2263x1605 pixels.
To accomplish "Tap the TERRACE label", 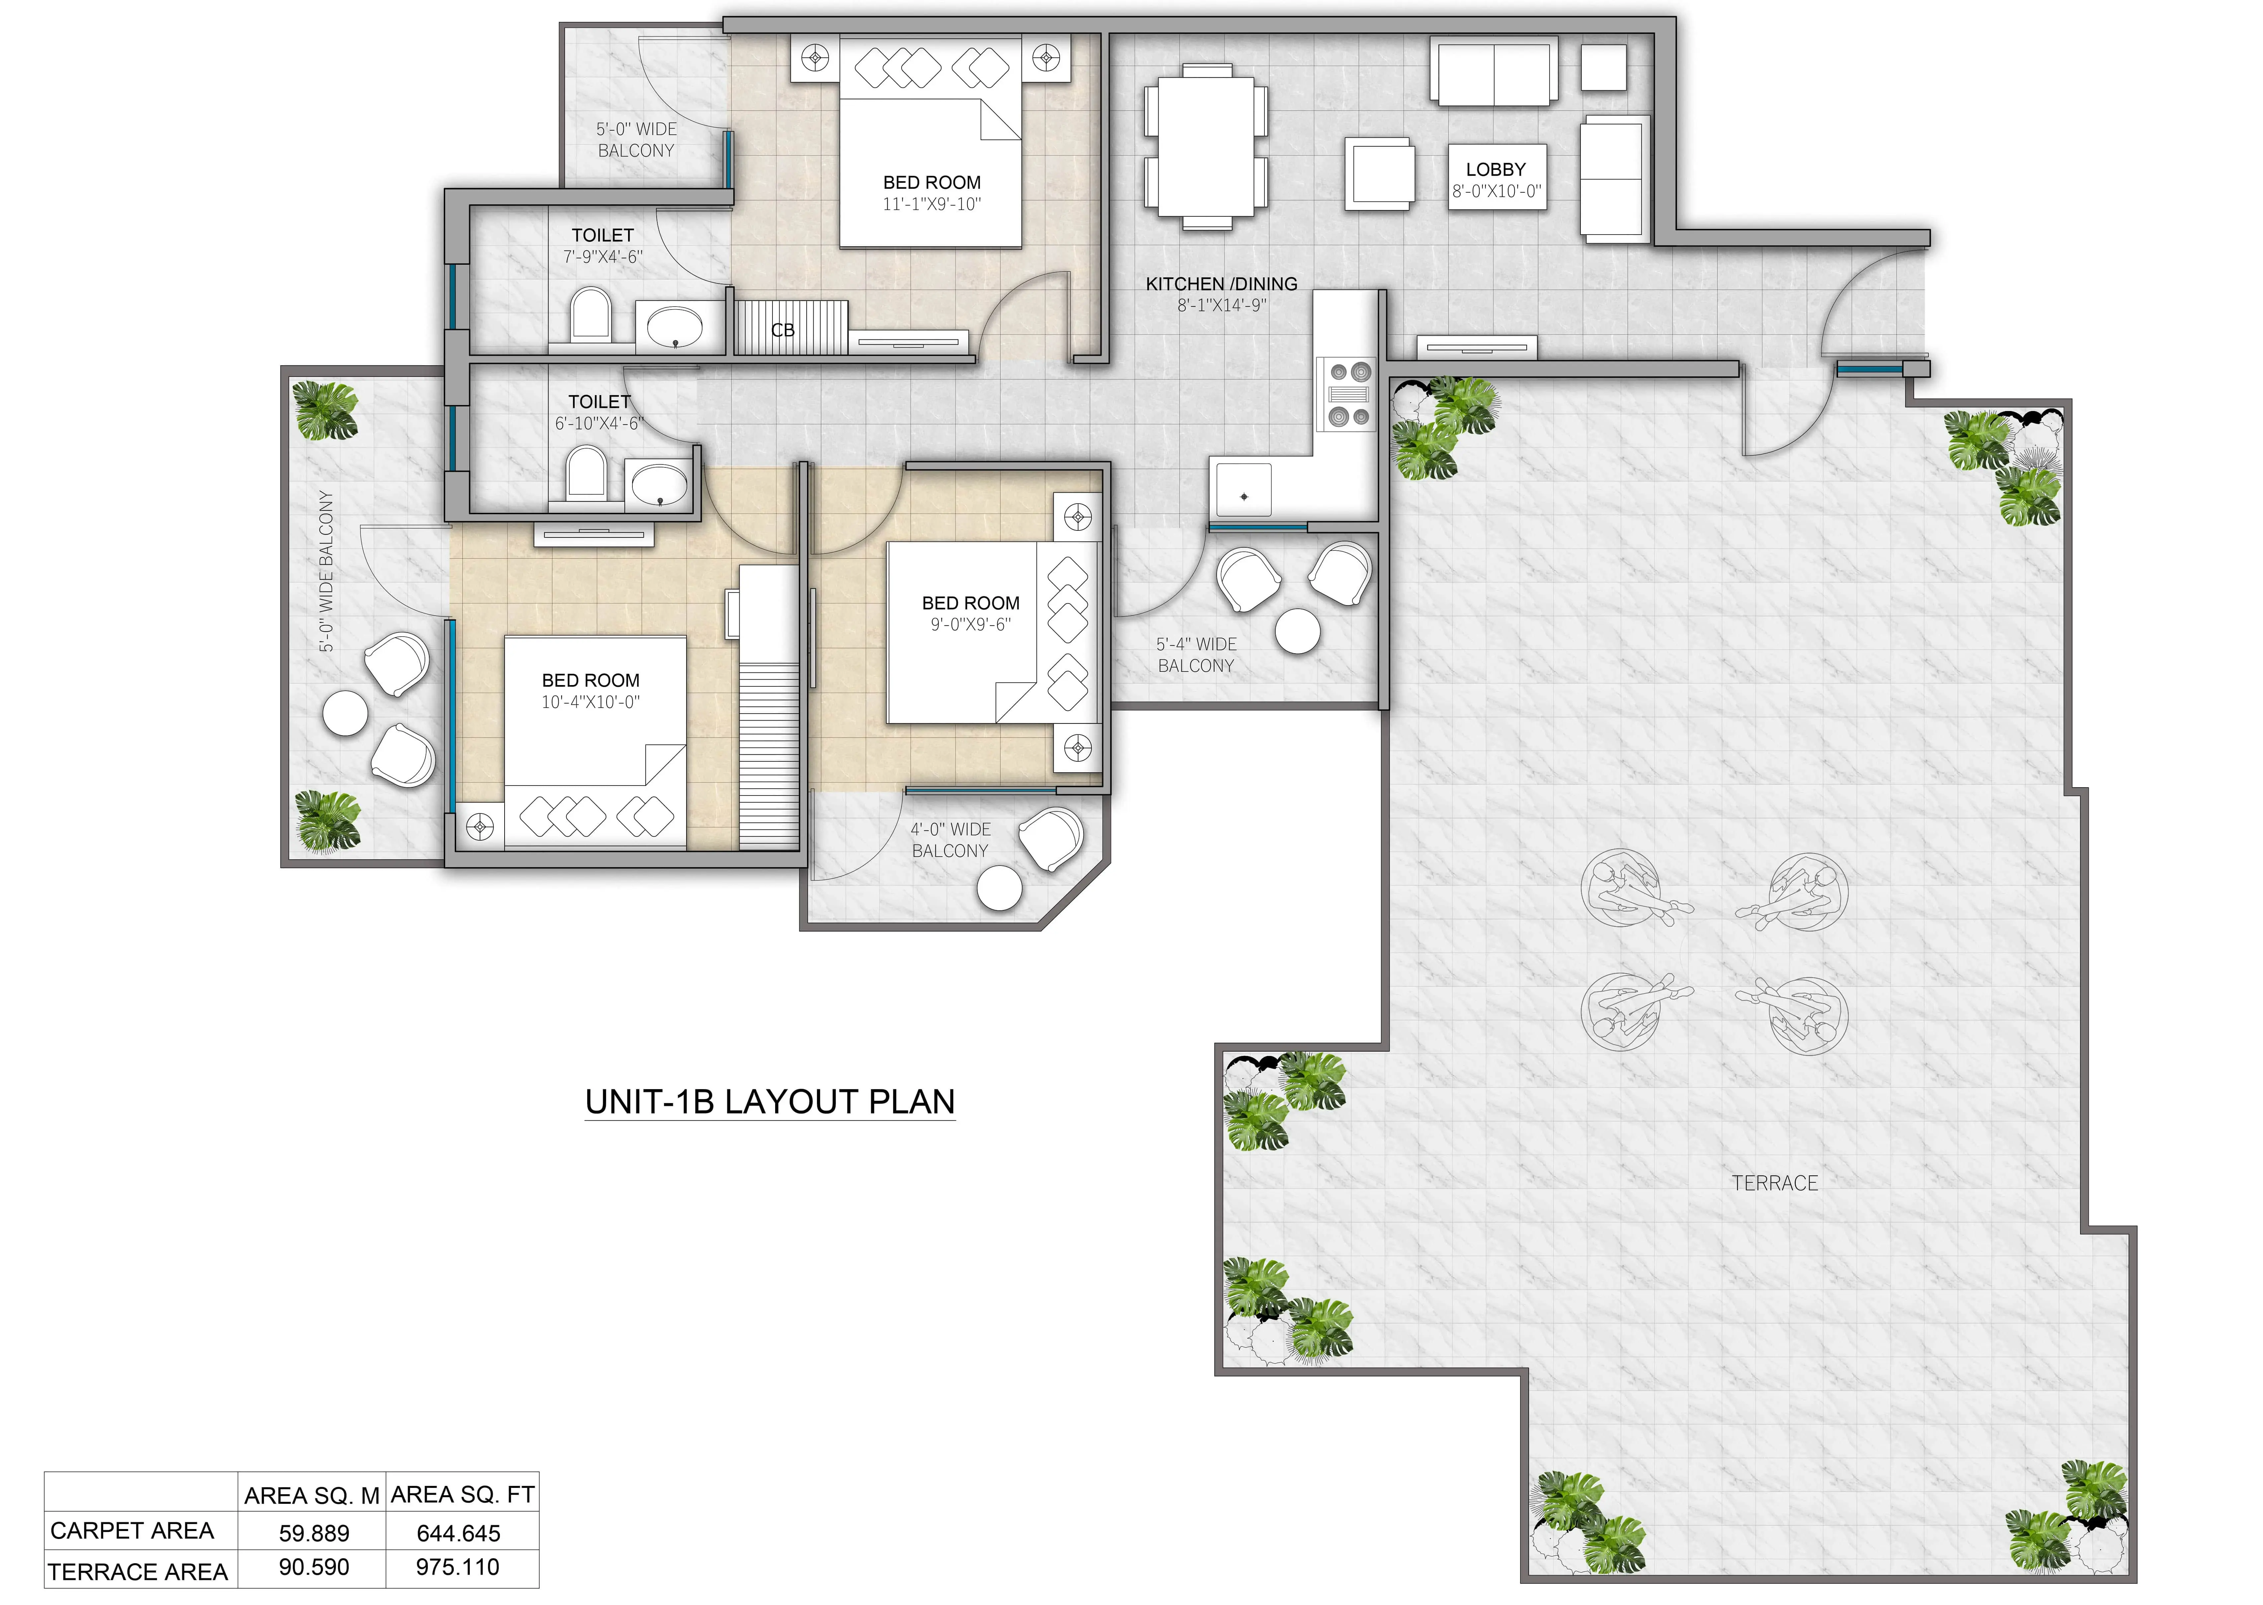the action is pyautogui.click(x=1775, y=1183).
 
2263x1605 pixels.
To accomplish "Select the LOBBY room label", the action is pyautogui.click(x=1496, y=169).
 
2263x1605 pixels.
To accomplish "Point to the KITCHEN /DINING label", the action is pyautogui.click(x=1222, y=284).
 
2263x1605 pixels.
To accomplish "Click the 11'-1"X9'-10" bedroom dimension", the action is pyautogui.click(x=931, y=205).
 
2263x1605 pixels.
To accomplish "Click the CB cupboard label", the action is pyautogui.click(x=783, y=330).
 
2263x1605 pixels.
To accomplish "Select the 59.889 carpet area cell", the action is pyautogui.click(x=314, y=1533).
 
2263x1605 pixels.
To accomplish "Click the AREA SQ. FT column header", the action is pyautogui.click(x=463, y=1494).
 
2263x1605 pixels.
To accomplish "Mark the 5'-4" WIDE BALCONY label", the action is pyautogui.click(x=1196, y=654).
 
